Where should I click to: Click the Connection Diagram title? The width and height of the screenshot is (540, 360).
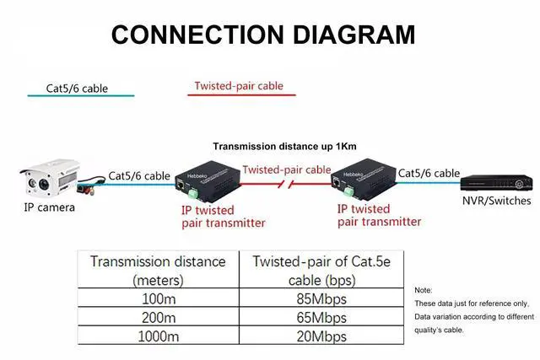pos(262,35)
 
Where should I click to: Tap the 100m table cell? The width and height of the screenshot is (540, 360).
pos(158,298)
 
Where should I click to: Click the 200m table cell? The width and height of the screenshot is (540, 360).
pos(158,318)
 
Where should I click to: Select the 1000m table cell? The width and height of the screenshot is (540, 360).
pos(158,337)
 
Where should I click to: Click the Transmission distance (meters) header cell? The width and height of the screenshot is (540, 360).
pos(158,270)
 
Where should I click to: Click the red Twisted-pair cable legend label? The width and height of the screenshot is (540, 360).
pos(239,86)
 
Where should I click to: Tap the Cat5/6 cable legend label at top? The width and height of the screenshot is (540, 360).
pos(77,88)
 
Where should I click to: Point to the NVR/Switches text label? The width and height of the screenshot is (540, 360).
pos(496,201)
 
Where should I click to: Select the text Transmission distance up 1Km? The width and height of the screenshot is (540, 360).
pos(284,147)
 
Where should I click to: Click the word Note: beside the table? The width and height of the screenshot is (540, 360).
pos(423,290)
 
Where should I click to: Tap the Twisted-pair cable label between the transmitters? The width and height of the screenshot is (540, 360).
pos(287,169)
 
